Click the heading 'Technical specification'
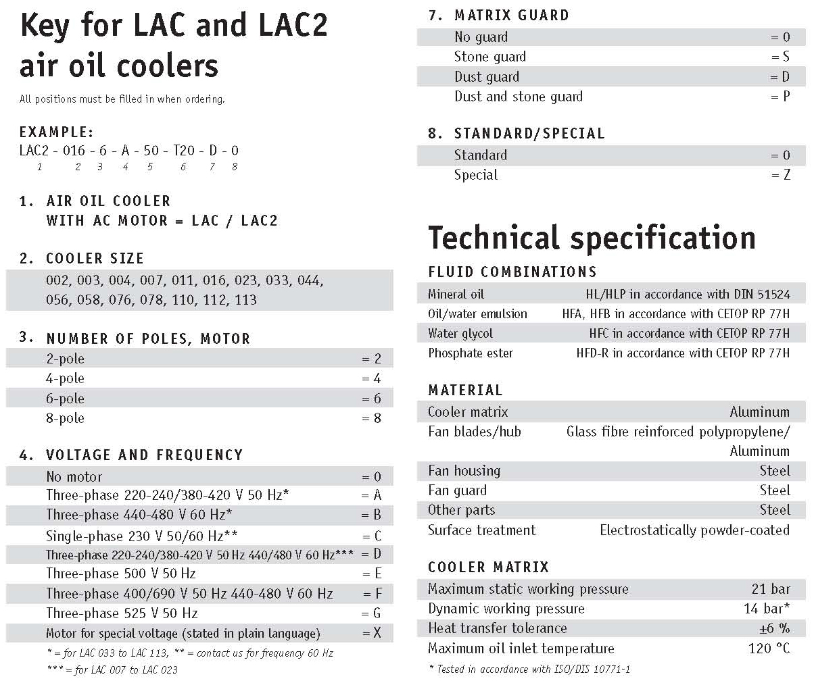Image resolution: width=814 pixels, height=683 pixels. (592, 238)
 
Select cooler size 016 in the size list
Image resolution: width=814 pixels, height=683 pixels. (214, 280)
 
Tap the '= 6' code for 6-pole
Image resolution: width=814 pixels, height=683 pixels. (371, 399)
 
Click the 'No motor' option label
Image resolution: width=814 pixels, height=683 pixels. (74, 476)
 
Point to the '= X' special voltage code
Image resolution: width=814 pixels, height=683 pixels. (372, 633)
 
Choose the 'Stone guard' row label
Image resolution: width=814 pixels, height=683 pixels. (489, 57)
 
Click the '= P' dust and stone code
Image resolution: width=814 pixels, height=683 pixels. (780, 97)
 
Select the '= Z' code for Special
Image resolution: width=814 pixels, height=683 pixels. (780, 175)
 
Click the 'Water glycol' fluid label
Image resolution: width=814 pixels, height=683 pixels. (460, 333)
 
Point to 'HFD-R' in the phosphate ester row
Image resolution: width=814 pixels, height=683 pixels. (592, 353)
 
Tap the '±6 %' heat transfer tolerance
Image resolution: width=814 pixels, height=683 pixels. (773, 628)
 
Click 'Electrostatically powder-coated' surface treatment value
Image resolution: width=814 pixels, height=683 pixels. (694, 530)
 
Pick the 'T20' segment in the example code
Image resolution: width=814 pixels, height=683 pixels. (184, 150)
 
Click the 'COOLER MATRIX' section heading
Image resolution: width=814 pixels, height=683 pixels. (488, 567)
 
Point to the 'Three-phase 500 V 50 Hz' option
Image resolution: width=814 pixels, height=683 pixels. (121, 574)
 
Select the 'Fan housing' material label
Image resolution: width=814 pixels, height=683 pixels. (464, 471)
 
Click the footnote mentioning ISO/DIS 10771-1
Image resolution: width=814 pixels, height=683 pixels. (529, 669)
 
